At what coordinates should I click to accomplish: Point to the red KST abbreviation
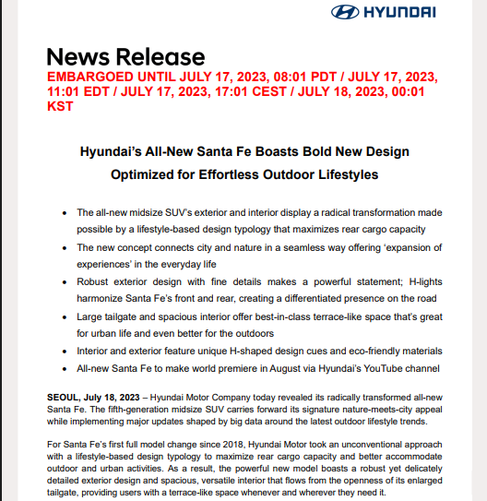click(59, 106)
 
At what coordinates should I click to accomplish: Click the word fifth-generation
click(136, 407)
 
